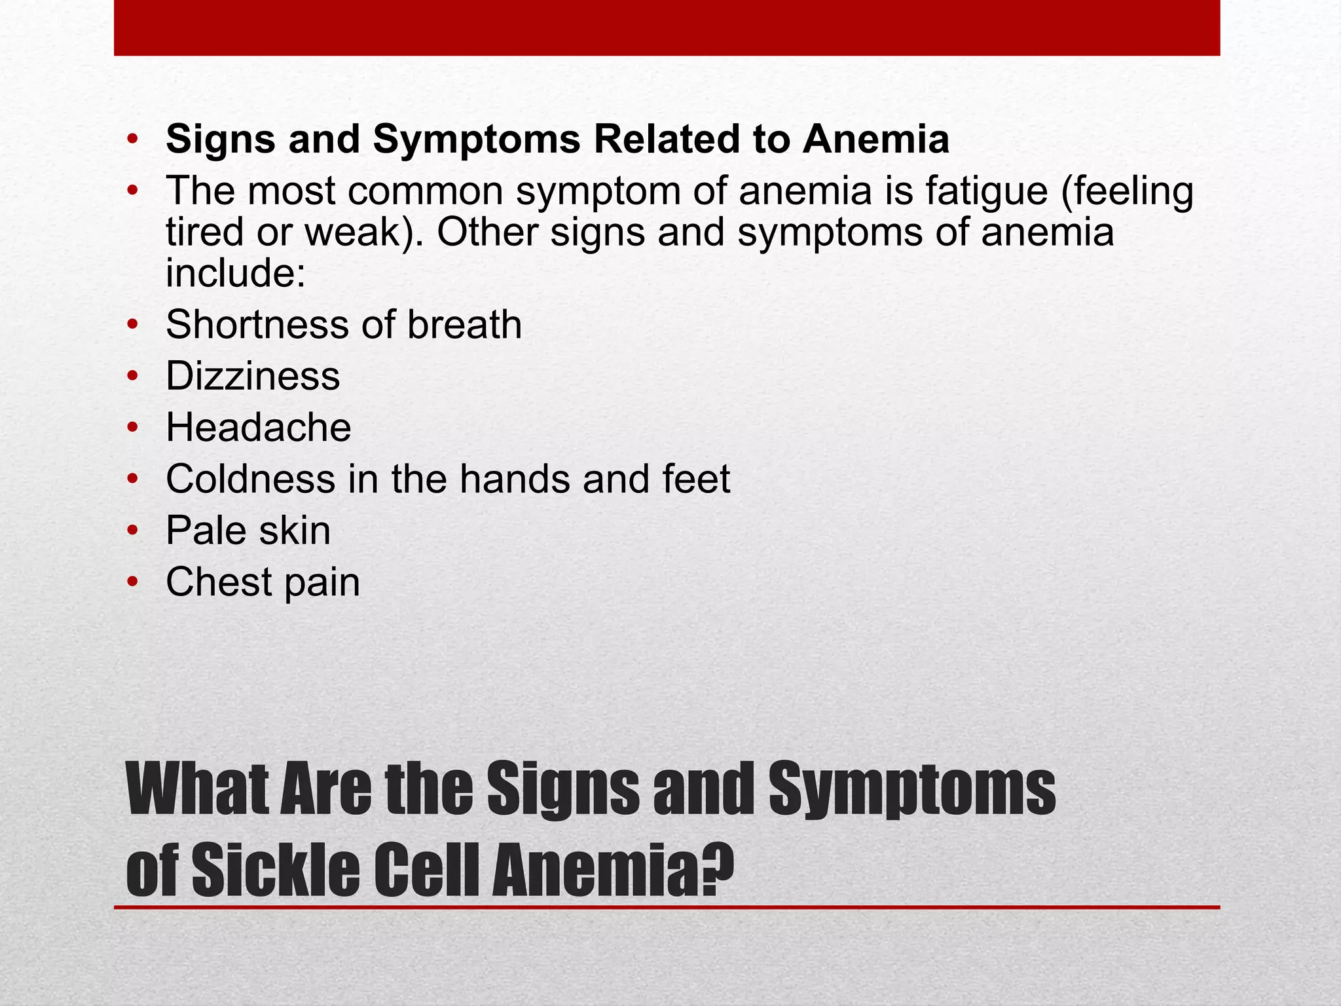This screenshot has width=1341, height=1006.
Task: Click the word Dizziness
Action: click(x=253, y=376)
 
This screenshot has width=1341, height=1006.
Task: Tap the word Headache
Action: click(x=258, y=428)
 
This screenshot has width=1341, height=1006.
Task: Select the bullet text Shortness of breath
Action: click(x=344, y=325)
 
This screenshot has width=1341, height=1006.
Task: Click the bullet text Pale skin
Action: click(x=248, y=531)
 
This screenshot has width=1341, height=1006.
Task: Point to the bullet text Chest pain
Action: click(x=263, y=582)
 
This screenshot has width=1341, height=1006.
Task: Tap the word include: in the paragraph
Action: click(x=236, y=273)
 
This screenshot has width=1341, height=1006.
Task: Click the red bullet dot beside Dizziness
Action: click(x=133, y=377)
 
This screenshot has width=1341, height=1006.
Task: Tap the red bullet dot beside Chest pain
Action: click(x=133, y=582)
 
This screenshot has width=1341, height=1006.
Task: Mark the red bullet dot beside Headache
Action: click(x=133, y=428)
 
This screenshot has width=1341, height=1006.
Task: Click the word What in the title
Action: click(x=197, y=789)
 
